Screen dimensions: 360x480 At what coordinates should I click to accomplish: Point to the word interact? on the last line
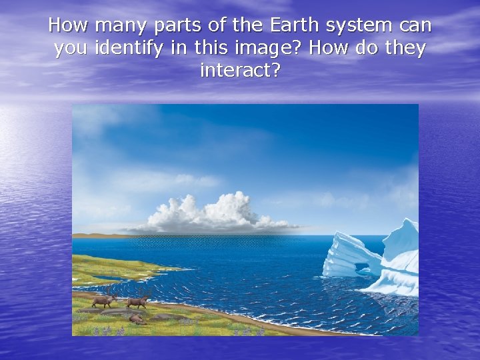(240, 70)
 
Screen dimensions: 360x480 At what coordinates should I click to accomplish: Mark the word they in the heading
(405, 49)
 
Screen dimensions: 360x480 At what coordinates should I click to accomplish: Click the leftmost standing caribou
(104, 300)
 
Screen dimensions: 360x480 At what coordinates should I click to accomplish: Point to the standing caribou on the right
(138, 301)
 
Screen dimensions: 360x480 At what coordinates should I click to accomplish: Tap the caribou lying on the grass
(137, 319)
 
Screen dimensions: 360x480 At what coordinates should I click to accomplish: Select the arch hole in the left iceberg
(363, 268)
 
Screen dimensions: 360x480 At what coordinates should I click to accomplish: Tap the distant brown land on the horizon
(93, 235)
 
